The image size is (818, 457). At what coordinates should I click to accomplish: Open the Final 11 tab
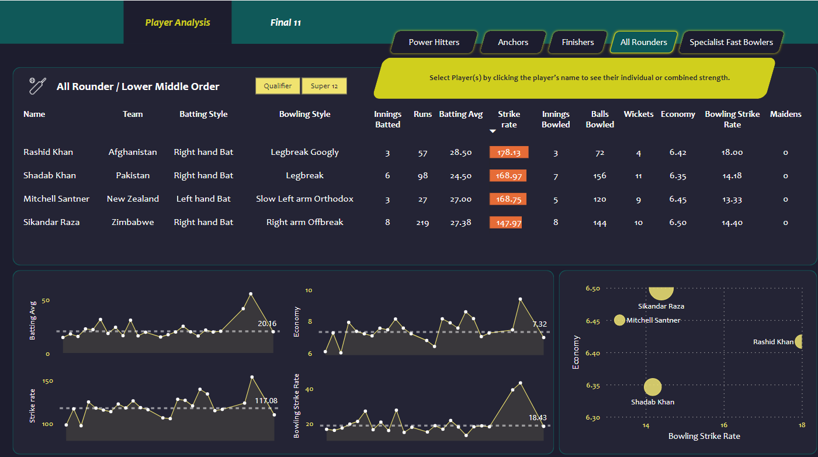point(286,23)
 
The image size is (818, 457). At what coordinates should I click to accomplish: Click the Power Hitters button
point(434,42)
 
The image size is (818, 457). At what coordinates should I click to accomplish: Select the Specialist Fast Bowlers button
point(731,42)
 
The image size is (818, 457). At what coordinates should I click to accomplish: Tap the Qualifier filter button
point(278,86)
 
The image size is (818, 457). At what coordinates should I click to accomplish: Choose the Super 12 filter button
point(324,86)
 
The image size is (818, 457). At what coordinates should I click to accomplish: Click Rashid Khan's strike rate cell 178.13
point(509,153)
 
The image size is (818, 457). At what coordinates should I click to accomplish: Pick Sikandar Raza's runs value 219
point(422,223)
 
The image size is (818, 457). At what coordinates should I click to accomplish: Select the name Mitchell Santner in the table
point(57,199)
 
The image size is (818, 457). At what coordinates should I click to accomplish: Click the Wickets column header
point(639,115)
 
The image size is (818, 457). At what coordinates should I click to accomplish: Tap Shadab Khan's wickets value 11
point(639,176)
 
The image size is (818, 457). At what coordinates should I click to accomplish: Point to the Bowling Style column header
point(305,115)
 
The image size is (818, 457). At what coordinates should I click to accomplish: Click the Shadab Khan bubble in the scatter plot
point(653,387)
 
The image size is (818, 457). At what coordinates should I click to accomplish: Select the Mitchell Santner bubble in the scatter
point(620,320)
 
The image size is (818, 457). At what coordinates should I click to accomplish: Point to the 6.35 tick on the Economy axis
point(593,385)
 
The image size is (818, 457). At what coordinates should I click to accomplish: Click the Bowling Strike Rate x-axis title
point(704,436)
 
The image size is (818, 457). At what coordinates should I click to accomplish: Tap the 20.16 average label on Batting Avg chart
point(267,323)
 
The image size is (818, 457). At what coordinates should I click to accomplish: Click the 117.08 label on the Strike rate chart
point(266,400)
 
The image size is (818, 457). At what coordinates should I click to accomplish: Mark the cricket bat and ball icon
point(37,86)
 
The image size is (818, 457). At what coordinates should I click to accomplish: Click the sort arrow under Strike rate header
point(493,131)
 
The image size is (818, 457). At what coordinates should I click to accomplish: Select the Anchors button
point(513,42)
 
